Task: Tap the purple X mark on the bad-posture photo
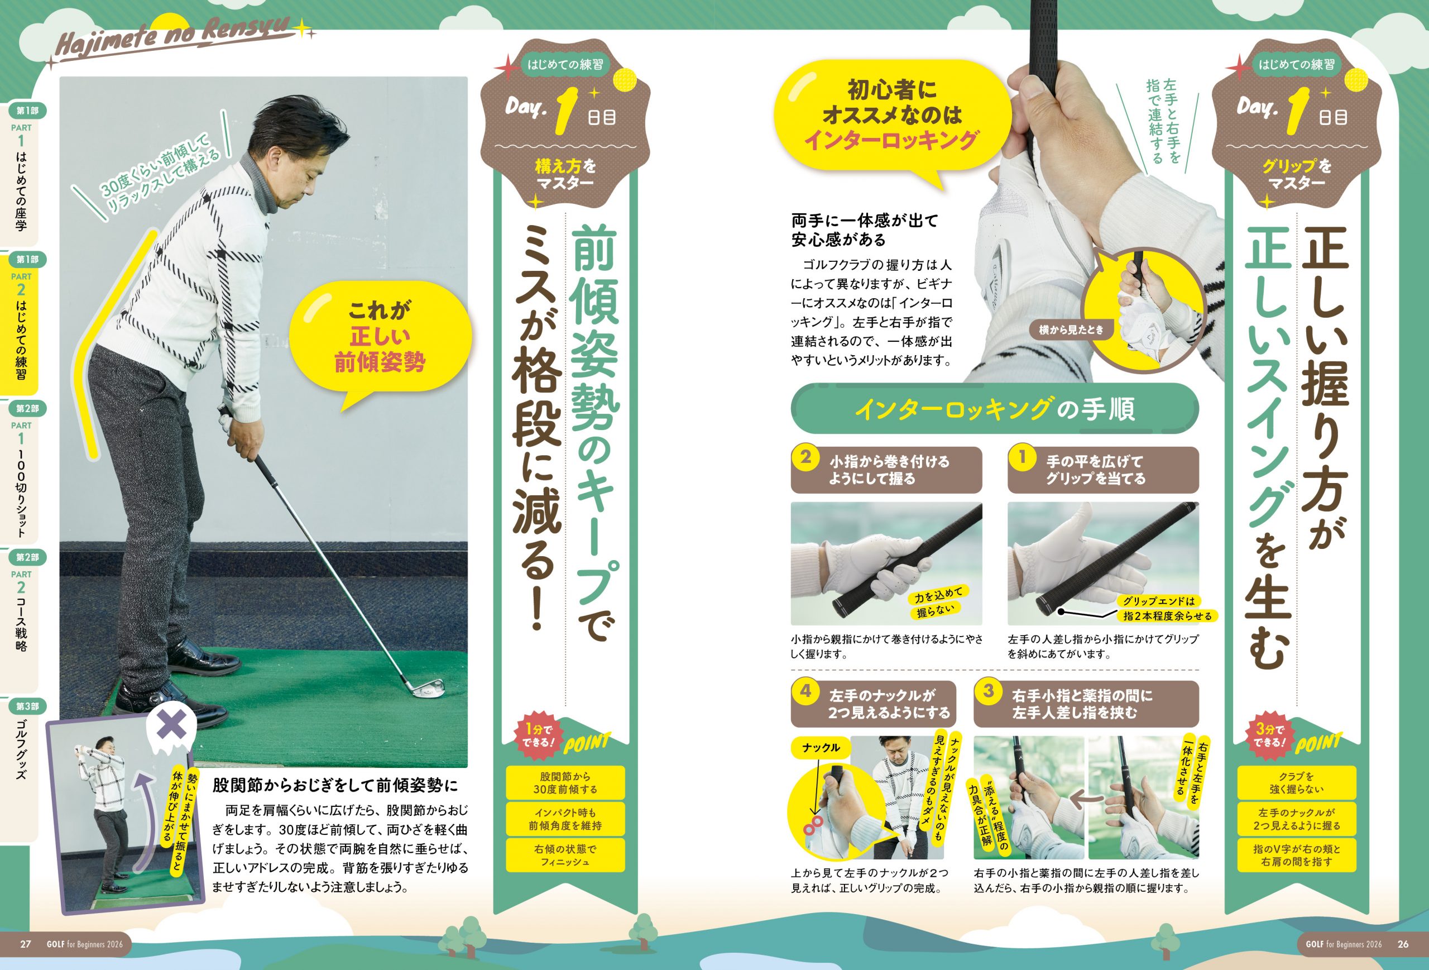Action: click(x=171, y=726)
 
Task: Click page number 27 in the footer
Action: click(x=25, y=944)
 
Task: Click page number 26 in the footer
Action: click(x=1403, y=944)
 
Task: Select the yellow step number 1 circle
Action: click(x=1023, y=457)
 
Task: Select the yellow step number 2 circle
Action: click(x=805, y=457)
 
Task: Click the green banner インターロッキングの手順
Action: click(x=994, y=408)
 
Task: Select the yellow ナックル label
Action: click(x=821, y=747)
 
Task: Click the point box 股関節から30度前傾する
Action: click(x=564, y=782)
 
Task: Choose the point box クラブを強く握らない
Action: click(x=1296, y=782)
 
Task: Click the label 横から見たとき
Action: click(x=1071, y=329)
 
